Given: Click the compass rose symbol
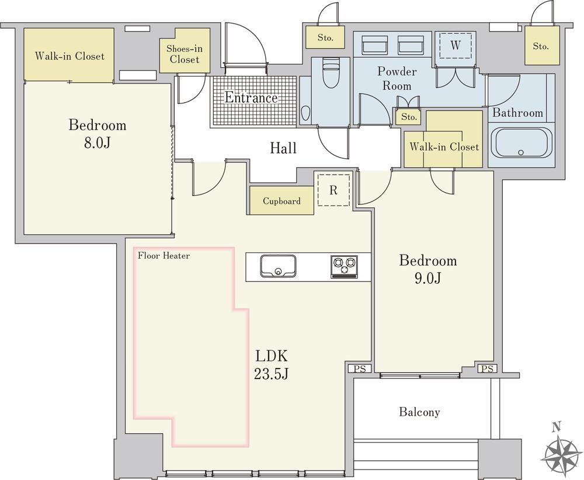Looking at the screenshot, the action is (563, 452).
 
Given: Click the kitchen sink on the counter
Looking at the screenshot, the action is (278, 266).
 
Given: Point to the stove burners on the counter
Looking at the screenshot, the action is (344, 267).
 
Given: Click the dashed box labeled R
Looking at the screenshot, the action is (333, 190).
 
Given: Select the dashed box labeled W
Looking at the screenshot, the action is (455, 45).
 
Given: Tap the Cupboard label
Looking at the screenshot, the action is (281, 201).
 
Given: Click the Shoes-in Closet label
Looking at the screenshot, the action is (185, 54).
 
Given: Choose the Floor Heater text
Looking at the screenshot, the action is (164, 255).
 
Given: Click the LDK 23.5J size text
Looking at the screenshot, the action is (271, 365).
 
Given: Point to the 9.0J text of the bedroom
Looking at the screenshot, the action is (428, 278).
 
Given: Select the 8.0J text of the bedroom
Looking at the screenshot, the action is (97, 142).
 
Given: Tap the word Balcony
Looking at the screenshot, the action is (419, 412).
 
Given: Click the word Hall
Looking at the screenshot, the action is (283, 148).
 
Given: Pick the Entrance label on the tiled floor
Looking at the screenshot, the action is (251, 98).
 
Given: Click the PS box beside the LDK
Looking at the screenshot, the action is (360, 368).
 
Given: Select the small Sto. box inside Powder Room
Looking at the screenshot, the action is (409, 117).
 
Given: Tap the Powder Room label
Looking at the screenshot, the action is (397, 78).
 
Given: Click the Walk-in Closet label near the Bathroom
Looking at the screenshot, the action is (444, 147).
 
